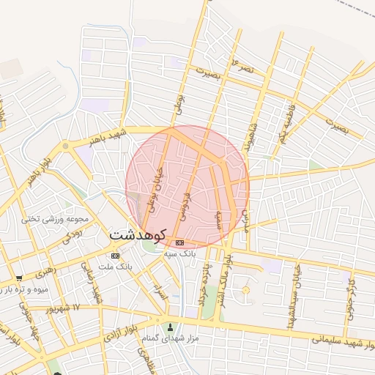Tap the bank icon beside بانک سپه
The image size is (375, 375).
[179, 242]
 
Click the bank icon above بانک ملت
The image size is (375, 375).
[115, 255]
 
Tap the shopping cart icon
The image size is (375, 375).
[18, 278]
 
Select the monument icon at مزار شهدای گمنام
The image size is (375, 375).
[172, 327]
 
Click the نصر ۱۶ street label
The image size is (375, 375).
[242, 67]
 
